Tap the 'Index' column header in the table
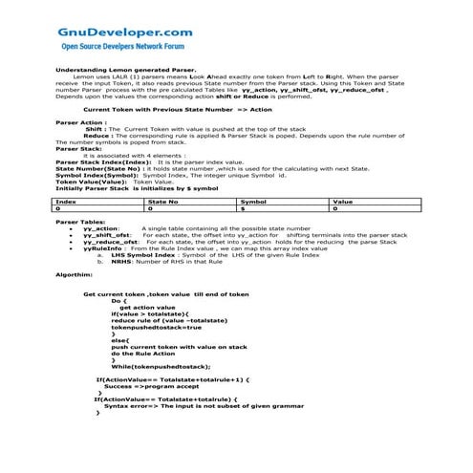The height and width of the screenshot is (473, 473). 67,202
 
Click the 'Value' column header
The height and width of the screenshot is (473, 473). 342,202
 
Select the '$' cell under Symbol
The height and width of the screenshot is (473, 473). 243,208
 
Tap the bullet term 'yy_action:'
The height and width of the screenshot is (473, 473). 101,229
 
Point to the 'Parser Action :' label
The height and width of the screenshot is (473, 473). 82,122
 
